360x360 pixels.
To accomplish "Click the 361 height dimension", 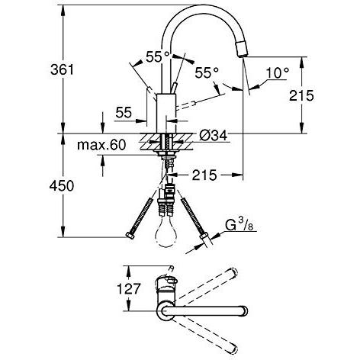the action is click(x=62, y=69).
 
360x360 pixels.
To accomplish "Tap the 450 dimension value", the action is click(x=62, y=185).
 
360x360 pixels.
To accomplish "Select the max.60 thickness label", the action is click(x=101, y=145).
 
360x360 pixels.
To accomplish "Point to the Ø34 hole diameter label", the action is click(x=213, y=136).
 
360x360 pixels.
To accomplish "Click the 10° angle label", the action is click(x=278, y=73).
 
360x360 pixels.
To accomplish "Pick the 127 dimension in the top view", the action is click(x=128, y=288).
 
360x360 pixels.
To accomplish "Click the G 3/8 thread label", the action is click(x=239, y=225).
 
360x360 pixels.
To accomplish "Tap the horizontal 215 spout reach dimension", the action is click(x=204, y=175).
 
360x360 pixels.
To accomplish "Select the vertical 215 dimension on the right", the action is click(x=301, y=95).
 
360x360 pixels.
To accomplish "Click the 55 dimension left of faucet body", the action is click(x=124, y=112).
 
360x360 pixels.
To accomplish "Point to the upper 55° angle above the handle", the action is click(x=158, y=56).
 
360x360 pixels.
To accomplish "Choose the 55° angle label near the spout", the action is click(x=207, y=73).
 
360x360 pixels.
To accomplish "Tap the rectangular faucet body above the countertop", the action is click(x=166, y=114).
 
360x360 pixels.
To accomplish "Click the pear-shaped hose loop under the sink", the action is click(x=166, y=233).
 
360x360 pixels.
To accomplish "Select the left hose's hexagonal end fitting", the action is click(x=130, y=236).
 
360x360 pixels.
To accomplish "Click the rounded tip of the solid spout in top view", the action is click(x=245, y=310).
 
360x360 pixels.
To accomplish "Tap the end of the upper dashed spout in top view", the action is click(x=233, y=272).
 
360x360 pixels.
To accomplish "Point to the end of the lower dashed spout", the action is click(x=233, y=349).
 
